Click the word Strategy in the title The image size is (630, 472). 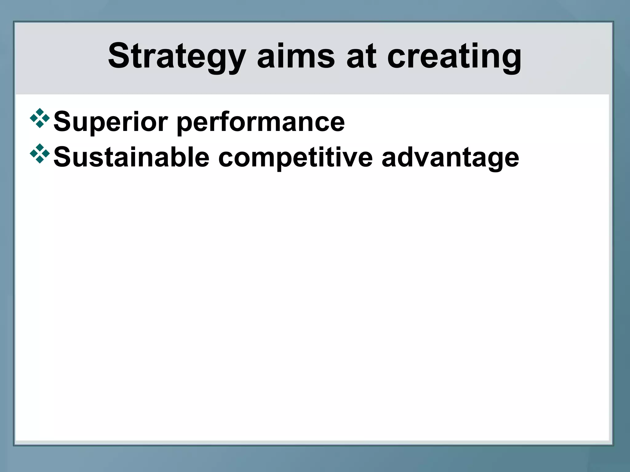[x=177, y=57]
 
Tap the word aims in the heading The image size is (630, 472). [x=296, y=57]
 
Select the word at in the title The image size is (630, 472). [x=361, y=57]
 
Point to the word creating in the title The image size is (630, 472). [x=454, y=57]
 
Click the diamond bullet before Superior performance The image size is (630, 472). [x=40, y=118]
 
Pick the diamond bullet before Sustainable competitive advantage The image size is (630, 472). [x=40, y=153]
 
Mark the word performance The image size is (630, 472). [x=261, y=122]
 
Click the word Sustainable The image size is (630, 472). [x=131, y=157]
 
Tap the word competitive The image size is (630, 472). [x=295, y=157]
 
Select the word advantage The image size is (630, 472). [x=450, y=157]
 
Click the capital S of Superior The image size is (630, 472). [x=62, y=122]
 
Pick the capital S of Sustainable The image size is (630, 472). [x=62, y=157]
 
